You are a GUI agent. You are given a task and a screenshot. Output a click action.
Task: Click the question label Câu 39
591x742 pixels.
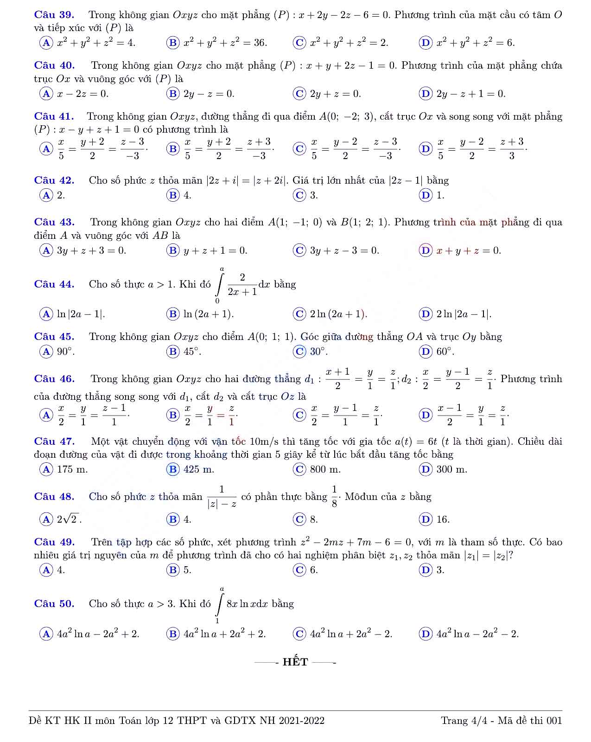click(x=54, y=15)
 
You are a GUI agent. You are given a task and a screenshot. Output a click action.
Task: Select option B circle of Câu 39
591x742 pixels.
click(x=172, y=43)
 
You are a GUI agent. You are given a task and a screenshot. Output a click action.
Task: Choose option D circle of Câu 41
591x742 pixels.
click(x=425, y=149)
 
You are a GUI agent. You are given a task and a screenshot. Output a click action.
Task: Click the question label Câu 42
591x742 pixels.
click(x=54, y=180)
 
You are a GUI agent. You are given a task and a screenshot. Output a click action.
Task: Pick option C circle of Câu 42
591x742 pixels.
click(x=299, y=195)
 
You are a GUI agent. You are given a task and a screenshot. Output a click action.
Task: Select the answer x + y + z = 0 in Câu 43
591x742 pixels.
click(x=469, y=251)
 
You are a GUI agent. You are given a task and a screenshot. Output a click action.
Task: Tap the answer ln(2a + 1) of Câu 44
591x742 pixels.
click(x=209, y=314)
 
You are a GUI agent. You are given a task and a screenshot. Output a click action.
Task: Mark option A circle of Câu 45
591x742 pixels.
click(x=46, y=352)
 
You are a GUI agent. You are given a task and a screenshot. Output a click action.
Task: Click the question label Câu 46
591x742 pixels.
click(x=54, y=379)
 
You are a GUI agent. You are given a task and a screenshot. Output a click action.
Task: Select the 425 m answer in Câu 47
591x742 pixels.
click(x=199, y=469)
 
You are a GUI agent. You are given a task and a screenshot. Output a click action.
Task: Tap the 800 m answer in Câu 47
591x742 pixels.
click(x=325, y=469)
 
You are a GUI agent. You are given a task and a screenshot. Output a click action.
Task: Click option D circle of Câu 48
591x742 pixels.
click(x=425, y=519)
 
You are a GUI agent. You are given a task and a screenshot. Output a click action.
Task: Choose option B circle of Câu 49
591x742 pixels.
click(x=172, y=570)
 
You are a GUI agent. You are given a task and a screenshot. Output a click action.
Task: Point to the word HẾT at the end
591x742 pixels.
click(x=295, y=662)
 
